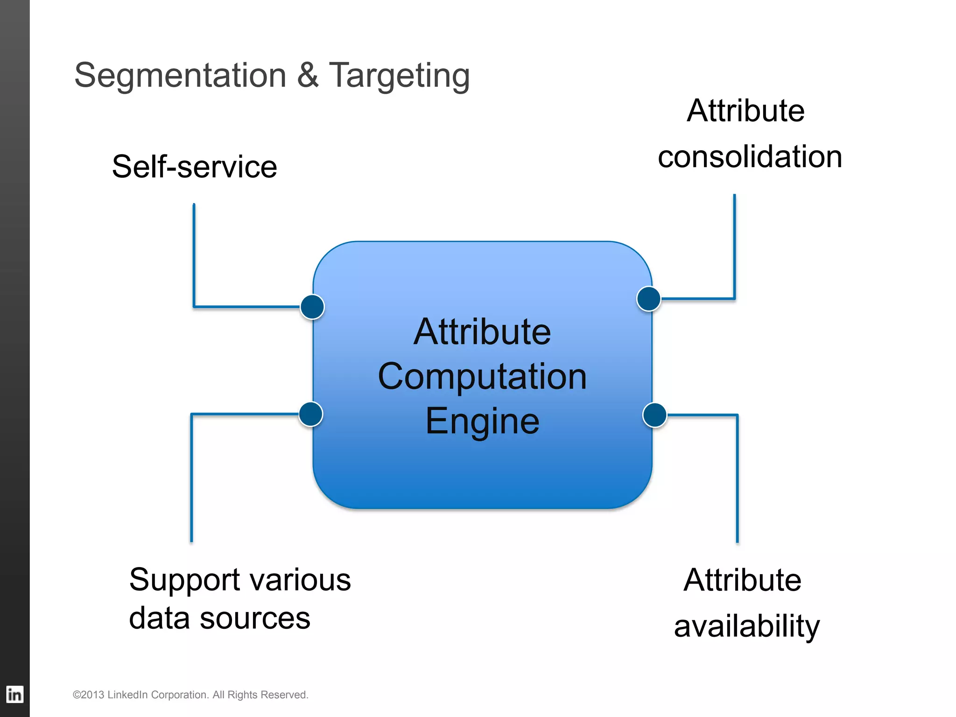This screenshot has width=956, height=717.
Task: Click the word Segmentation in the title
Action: tap(180, 76)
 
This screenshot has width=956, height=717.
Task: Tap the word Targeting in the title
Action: tap(400, 76)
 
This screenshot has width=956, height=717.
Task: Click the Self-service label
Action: tap(195, 167)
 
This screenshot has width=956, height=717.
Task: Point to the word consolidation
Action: tap(750, 156)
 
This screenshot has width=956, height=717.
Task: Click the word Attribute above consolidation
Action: tap(745, 111)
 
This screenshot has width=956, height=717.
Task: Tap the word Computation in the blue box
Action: tap(482, 376)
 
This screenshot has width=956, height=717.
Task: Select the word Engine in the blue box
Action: tap(482, 421)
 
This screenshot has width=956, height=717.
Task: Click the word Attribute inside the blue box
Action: tap(482, 331)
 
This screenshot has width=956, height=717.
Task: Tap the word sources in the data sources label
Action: tap(255, 619)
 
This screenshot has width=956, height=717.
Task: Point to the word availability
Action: tap(746, 626)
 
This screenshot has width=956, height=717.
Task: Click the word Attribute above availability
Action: tap(742, 580)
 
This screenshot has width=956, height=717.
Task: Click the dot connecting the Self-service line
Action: tap(312, 307)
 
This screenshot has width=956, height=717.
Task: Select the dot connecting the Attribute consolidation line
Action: tap(648, 299)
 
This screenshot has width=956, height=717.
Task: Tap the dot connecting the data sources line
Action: tap(311, 414)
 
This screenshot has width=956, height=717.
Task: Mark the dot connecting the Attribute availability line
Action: tap(654, 415)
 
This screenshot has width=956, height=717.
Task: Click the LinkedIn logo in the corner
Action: tap(14, 694)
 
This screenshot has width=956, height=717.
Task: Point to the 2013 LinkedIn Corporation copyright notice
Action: tap(190, 695)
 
